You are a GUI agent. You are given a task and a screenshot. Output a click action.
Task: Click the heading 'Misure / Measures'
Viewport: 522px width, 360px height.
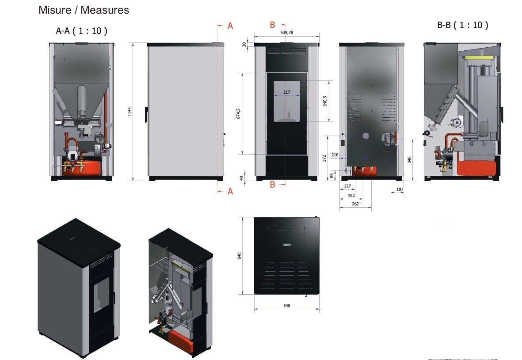84,10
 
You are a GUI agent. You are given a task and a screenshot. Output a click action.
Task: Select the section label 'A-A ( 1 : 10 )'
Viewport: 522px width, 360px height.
82,31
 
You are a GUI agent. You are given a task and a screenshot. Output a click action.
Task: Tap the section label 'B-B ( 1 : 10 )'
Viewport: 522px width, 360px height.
462,25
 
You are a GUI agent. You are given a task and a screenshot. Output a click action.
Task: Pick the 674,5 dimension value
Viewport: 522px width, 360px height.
238,114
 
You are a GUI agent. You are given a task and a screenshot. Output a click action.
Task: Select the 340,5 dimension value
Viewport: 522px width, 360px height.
325,101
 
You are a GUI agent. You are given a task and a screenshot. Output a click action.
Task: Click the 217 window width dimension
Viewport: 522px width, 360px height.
286,92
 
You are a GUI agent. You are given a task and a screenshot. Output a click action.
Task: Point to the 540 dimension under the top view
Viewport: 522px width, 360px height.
286,305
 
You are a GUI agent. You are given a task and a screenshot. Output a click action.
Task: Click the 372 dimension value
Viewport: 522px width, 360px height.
324,158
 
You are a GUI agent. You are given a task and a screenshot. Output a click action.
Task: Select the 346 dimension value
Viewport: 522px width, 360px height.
410,159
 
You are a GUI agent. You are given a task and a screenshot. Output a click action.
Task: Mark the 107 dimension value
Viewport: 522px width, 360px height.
400,189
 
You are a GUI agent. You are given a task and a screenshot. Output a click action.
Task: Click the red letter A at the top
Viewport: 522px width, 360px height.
230,26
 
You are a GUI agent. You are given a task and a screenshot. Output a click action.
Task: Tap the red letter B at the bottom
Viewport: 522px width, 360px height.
272,185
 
